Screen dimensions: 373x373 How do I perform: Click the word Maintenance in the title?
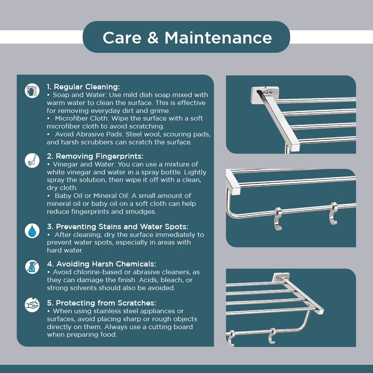(x=218, y=38)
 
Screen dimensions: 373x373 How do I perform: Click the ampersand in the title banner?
(x=153, y=38)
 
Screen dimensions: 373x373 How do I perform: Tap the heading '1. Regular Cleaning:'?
(x=83, y=87)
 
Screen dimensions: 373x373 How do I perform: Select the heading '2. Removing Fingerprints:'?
(x=95, y=156)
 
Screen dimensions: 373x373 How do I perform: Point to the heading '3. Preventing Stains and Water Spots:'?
(x=117, y=227)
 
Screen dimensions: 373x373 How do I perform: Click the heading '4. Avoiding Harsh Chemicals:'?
(x=101, y=264)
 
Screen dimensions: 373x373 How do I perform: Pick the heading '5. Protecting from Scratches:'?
(x=102, y=303)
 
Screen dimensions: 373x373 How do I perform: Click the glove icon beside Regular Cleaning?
(x=32, y=90)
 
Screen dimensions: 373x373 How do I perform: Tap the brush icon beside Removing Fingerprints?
(x=32, y=160)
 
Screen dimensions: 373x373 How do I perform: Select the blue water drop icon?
(x=32, y=231)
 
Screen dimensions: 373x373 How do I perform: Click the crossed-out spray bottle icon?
(x=32, y=267)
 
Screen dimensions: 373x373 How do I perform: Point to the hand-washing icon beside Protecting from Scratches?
(x=32, y=305)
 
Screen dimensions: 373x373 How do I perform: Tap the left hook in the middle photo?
(x=278, y=219)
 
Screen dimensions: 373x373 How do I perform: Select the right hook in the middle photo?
(x=333, y=213)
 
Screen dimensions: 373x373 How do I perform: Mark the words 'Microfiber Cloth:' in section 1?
(x=82, y=118)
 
